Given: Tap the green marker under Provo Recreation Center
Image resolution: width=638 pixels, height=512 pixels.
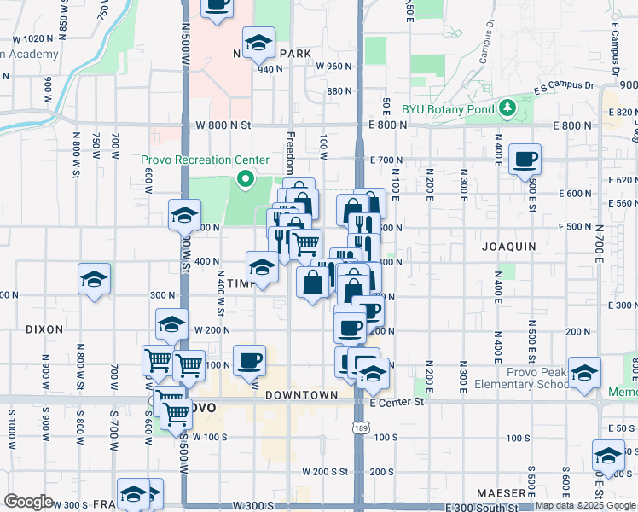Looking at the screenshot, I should [x=245, y=179].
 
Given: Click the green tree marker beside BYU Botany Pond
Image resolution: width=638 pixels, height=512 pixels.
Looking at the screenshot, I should [x=507, y=108].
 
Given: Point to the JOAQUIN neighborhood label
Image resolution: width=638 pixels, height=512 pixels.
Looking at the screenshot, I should [x=509, y=246].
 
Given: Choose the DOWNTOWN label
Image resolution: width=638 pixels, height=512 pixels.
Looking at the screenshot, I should [x=301, y=395].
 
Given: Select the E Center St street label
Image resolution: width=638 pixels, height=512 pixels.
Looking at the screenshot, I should [x=397, y=401].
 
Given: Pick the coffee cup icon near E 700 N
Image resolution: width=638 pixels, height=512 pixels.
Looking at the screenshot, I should [x=525, y=158].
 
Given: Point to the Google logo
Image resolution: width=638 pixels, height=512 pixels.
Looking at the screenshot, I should [x=27, y=502].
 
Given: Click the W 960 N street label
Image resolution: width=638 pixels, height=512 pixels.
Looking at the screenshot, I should [x=333, y=66].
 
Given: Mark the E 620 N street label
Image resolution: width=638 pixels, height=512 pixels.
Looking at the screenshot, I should [x=621, y=180].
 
